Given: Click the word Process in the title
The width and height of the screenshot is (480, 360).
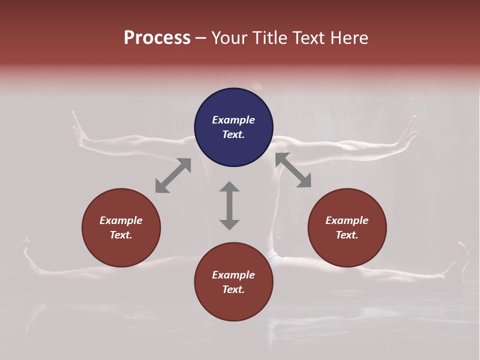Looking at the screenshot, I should (157, 38).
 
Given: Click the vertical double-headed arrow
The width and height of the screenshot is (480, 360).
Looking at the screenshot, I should (229, 205).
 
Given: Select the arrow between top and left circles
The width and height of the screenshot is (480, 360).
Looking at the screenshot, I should (173, 175).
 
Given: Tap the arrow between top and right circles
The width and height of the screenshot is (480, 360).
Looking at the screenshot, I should (293, 170).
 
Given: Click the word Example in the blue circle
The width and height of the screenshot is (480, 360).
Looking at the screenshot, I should (233, 120).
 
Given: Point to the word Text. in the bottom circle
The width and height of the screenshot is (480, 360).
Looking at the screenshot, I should (233, 289).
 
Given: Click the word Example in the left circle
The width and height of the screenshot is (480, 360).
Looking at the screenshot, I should (121, 220).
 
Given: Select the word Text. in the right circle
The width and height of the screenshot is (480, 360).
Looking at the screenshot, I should (347, 235).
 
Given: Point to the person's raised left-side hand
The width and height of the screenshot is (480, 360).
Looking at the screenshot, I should (78, 130).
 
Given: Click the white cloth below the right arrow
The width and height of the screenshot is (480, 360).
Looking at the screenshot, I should (273, 257).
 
